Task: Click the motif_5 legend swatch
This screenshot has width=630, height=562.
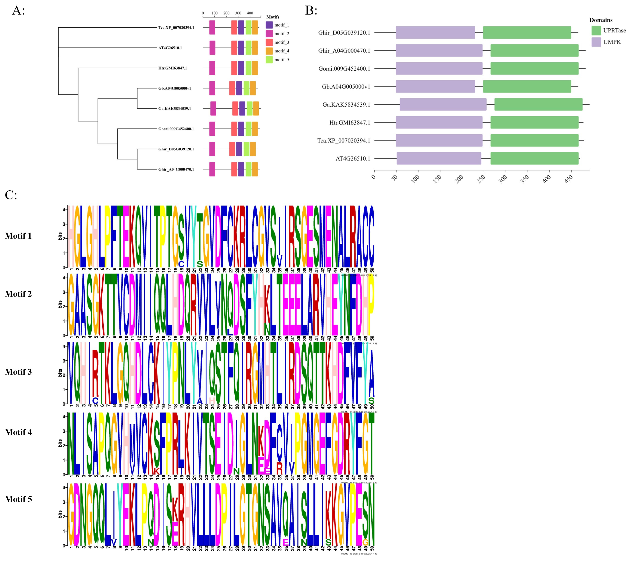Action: (x=269, y=60)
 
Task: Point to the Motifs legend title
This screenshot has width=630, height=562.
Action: (x=273, y=17)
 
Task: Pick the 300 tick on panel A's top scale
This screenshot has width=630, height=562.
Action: (x=238, y=13)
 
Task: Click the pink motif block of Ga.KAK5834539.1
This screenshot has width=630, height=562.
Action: (x=213, y=108)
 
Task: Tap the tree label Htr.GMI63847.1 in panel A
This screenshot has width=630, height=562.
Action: (x=172, y=68)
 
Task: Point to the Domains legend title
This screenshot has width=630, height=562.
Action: (x=601, y=20)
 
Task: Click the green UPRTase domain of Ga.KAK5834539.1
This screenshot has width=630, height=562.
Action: (x=538, y=104)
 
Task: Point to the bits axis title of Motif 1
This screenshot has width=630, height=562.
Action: (x=60, y=236)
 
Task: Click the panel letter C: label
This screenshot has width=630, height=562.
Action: (x=11, y=195)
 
